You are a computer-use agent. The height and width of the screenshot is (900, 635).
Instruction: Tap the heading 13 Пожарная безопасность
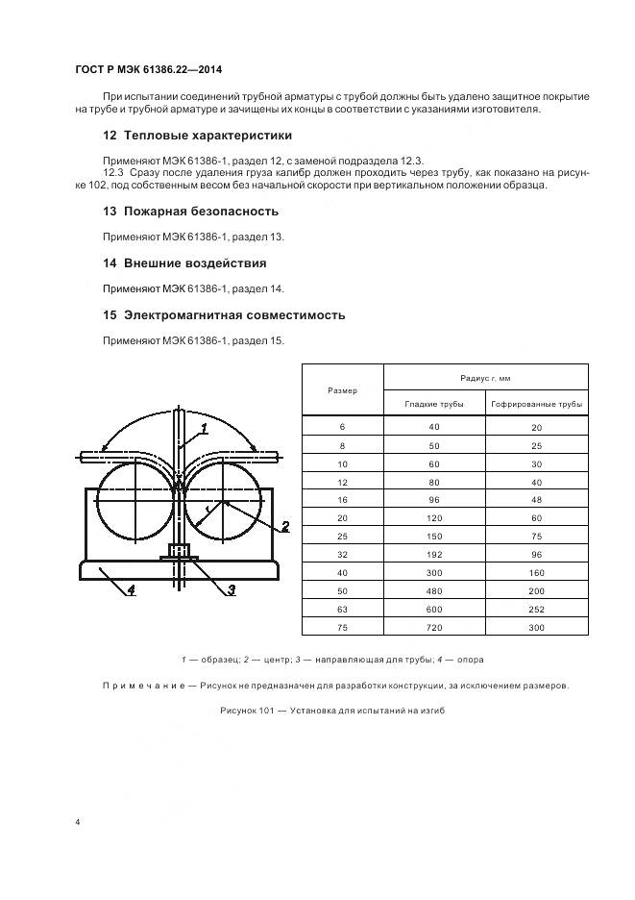click(190, 211)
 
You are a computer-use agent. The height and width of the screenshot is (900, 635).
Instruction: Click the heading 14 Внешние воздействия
click(184, 262)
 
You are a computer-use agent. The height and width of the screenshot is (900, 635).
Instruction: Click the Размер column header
click(342, 389)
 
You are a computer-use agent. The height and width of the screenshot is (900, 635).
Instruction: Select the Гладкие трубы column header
click(433, 404)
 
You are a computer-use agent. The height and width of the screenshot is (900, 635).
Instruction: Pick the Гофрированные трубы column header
click(536, 404)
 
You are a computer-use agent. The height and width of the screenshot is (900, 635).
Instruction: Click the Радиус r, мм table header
click(485, 378)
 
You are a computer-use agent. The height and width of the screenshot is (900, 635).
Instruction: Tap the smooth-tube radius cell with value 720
click(433, 627)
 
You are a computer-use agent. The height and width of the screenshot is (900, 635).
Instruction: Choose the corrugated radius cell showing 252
click(536, 607)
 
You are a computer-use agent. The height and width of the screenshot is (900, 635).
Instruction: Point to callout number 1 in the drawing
click(205, 428)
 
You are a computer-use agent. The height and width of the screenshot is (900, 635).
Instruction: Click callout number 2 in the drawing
click(284, 526)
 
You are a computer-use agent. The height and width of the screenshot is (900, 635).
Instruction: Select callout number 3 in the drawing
click(232, 589)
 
